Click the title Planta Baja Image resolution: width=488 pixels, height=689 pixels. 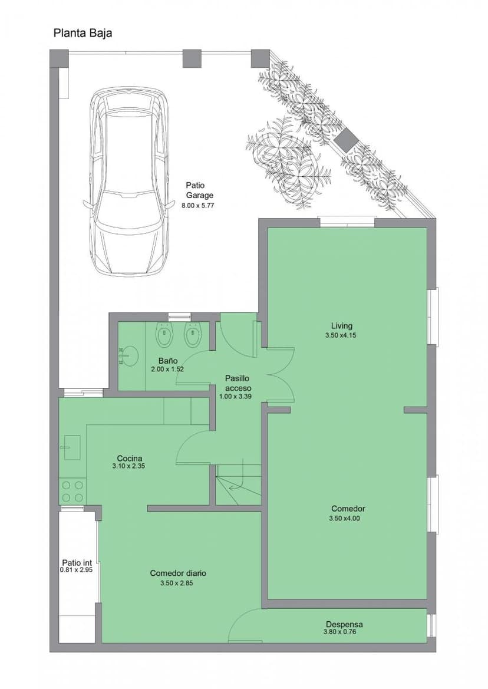coord(83,34)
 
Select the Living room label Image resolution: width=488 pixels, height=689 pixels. coord(342,325)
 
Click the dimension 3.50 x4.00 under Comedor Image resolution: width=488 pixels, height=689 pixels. coord(345,519)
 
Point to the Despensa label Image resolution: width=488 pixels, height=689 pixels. coord(344,624)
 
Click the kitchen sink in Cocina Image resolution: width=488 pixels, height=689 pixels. coord(72,447)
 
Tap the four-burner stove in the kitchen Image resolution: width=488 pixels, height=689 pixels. coord(72,492)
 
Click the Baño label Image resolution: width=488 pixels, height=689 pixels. coord(167,360)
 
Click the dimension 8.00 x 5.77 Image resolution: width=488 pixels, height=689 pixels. coord(197,205)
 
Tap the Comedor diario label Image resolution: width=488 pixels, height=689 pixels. coord(178,573)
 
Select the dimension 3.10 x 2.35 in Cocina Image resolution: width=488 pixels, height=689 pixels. coord(128,466)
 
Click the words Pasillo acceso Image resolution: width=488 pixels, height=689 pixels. coord(238,383)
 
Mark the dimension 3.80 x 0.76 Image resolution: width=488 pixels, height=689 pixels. coord(339,632)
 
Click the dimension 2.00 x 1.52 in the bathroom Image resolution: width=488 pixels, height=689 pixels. coord(167,369)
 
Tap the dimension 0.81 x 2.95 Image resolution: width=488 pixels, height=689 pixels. coord(77,570)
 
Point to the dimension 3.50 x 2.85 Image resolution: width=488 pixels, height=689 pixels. coord(177,583)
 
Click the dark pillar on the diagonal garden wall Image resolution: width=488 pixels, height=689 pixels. coord(346,139)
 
